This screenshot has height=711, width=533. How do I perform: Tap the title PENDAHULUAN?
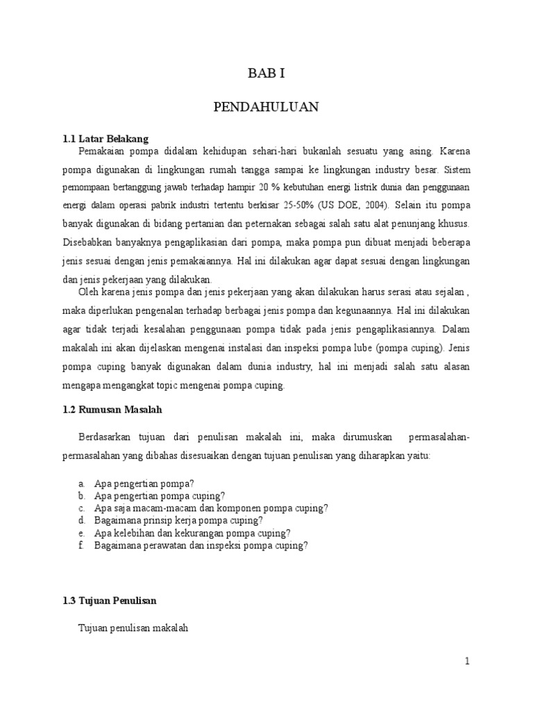click(266, 107)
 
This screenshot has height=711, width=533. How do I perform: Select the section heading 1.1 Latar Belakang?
click(106, 139)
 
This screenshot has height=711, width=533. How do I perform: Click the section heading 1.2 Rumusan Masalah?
click(112, 410)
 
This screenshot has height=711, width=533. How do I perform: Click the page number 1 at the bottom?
click(468, 662)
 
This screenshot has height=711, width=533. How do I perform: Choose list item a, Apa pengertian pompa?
click(144, 483)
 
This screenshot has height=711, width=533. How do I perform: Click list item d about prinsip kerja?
click(178, 520)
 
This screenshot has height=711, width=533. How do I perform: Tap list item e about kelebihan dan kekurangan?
click(192, 533)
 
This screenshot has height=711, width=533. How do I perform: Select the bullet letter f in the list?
click(81, 546)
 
